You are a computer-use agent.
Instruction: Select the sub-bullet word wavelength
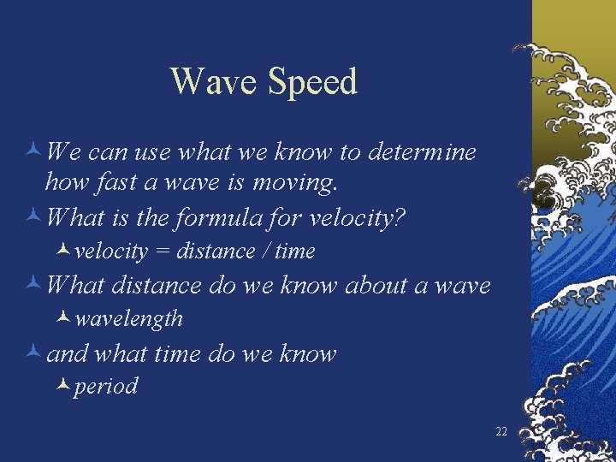(128, 319)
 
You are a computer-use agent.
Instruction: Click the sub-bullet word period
(105, 387)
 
